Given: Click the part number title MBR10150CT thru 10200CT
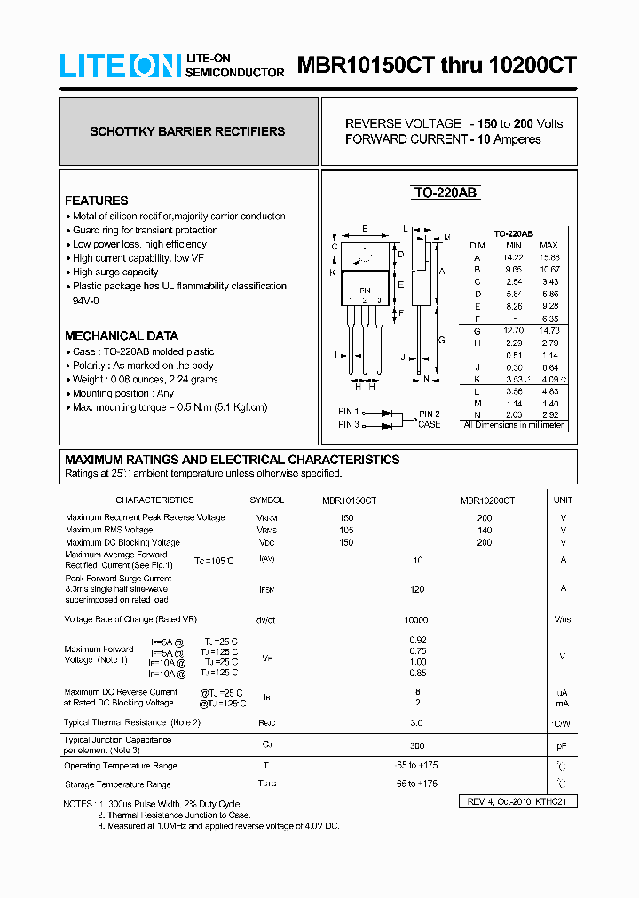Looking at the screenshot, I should point(437,66).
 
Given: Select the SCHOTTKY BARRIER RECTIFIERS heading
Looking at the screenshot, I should point(187,131).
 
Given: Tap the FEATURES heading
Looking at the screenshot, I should point(96,201).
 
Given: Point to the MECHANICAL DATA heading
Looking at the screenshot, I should point(121,335).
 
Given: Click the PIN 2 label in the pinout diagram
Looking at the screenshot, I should point(430,414).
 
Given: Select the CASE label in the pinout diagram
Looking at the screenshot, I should point(430,424).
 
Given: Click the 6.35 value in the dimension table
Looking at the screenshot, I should point(549,319).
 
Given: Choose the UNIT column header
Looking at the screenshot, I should point(563,500).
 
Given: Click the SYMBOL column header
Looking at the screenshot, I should point(267,500).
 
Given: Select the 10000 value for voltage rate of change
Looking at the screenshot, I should point(416,620).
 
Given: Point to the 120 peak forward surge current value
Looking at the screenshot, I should point(416,589).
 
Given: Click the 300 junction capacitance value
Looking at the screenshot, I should point(416,746).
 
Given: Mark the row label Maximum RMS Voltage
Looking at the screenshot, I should point(109,530).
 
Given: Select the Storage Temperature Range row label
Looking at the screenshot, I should point(117,784).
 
